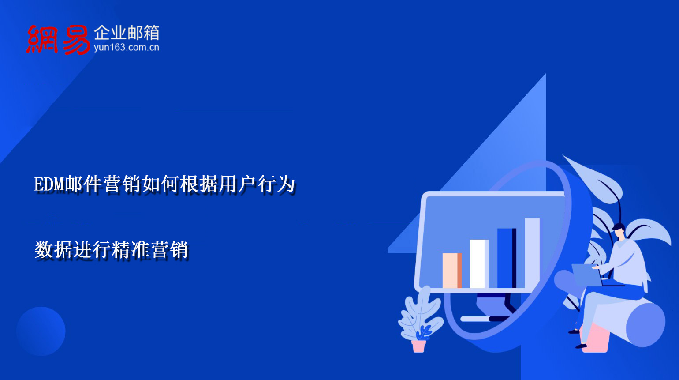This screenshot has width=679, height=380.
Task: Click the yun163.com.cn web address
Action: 126,47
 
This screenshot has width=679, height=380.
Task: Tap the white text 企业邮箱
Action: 126,32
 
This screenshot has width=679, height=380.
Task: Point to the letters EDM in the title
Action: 49,184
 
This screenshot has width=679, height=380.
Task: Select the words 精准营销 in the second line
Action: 150,250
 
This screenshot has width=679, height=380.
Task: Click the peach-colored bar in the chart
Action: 452,270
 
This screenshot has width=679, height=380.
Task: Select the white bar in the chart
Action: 479,263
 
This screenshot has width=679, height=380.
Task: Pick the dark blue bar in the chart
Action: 506,258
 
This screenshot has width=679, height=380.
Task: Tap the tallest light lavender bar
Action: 532,252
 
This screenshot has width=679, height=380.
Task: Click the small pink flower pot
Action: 418,346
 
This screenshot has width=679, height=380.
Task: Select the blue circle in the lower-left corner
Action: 41,331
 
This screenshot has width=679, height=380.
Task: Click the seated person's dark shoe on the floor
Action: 581,346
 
